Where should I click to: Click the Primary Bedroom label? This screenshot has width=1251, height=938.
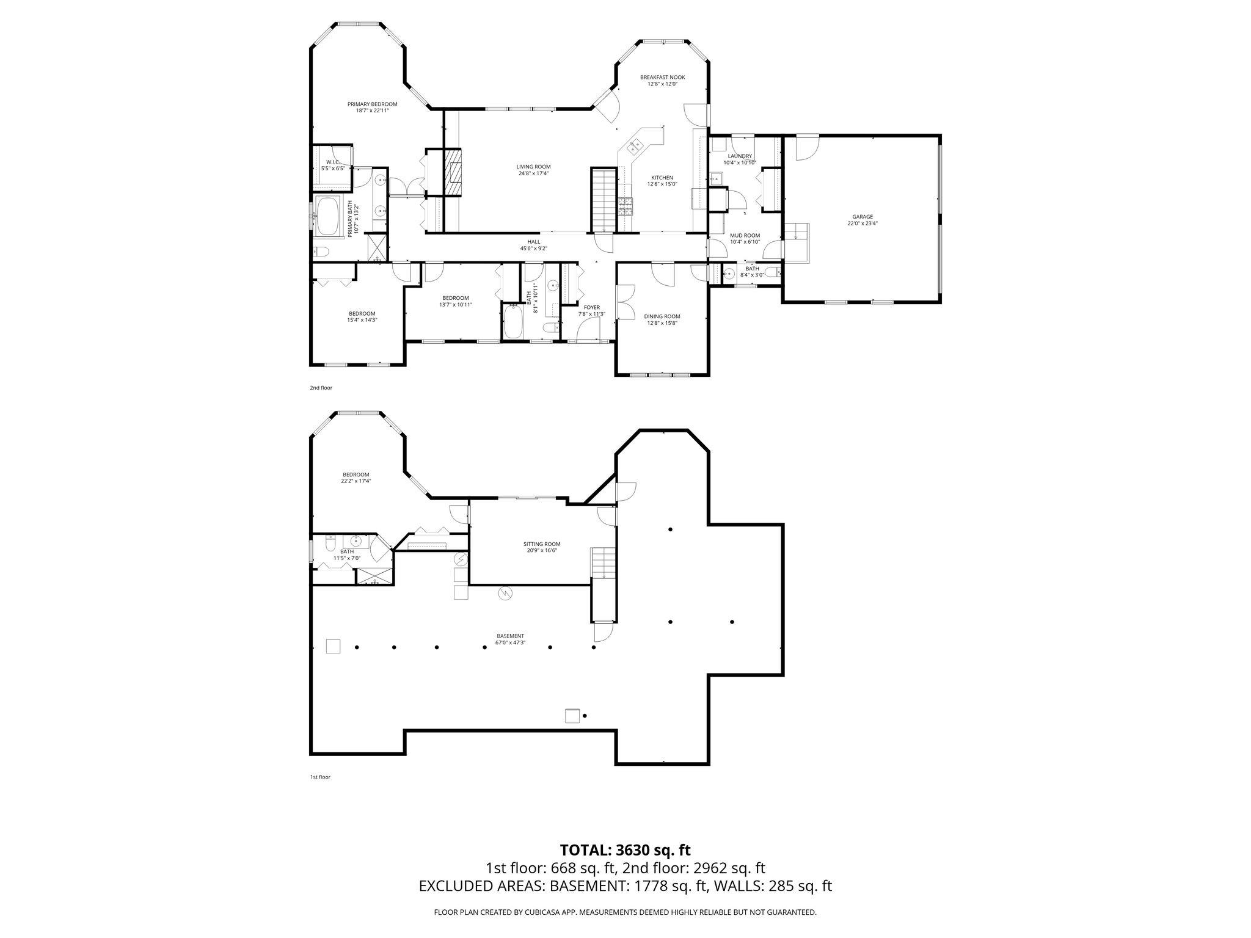372,104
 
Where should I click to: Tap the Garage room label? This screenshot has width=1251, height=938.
863,217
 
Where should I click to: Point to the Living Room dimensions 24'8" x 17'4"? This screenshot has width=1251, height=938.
533,173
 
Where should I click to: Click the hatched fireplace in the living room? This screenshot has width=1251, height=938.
453,172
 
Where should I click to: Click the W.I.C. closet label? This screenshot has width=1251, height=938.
332,162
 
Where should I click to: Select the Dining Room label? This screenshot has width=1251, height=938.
662,316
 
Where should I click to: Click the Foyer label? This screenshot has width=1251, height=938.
591,307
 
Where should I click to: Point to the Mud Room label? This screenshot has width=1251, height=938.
745,235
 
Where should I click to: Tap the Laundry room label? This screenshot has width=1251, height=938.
740,156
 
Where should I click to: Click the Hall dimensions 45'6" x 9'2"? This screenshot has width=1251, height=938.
533,249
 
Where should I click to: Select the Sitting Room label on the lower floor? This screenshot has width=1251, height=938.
541,544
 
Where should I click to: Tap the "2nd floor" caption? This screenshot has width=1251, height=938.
321,388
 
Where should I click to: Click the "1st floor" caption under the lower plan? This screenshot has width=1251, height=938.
320,777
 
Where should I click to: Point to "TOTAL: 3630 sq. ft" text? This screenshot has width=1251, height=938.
625,850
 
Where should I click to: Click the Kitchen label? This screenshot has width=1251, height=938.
662,178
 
